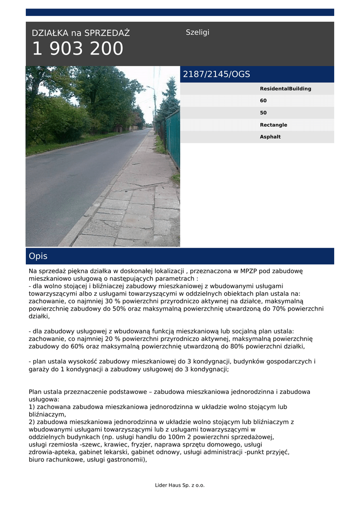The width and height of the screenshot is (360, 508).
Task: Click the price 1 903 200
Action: point(77,49)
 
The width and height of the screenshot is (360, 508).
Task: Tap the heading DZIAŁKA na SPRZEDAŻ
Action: point(80,33)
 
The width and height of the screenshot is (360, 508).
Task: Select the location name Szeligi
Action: point(198,32)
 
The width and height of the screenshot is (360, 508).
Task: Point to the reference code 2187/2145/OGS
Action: point(216,74)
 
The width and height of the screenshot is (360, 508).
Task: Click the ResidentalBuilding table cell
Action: point(286,89)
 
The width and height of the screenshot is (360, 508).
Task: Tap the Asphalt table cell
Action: point(270,137)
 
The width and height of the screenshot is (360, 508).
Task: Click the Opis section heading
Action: point(38,256)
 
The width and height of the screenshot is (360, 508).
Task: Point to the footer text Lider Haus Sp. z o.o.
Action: point(180,485)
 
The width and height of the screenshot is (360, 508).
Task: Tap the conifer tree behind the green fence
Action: point(169,99)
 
